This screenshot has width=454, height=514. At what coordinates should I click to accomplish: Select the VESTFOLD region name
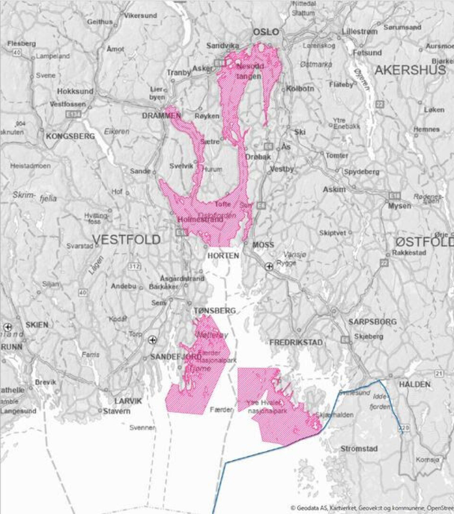[126, 239]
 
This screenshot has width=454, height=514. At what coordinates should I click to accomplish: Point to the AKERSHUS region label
[410, 70]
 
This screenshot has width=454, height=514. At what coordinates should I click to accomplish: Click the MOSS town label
[263, 245]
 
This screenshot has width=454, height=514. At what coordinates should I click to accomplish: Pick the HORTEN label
[223, 255]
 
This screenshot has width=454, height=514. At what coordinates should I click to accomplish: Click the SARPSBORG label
[372, 322]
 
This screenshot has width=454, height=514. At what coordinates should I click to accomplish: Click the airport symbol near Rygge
[269, 266]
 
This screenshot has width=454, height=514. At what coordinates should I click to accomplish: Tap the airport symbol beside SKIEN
[8, 327]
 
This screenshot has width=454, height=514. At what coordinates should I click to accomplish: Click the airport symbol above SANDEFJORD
[152, 340]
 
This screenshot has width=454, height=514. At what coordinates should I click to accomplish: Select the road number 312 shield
[134, 266]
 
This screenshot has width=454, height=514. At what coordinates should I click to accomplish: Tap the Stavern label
[116, 411]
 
